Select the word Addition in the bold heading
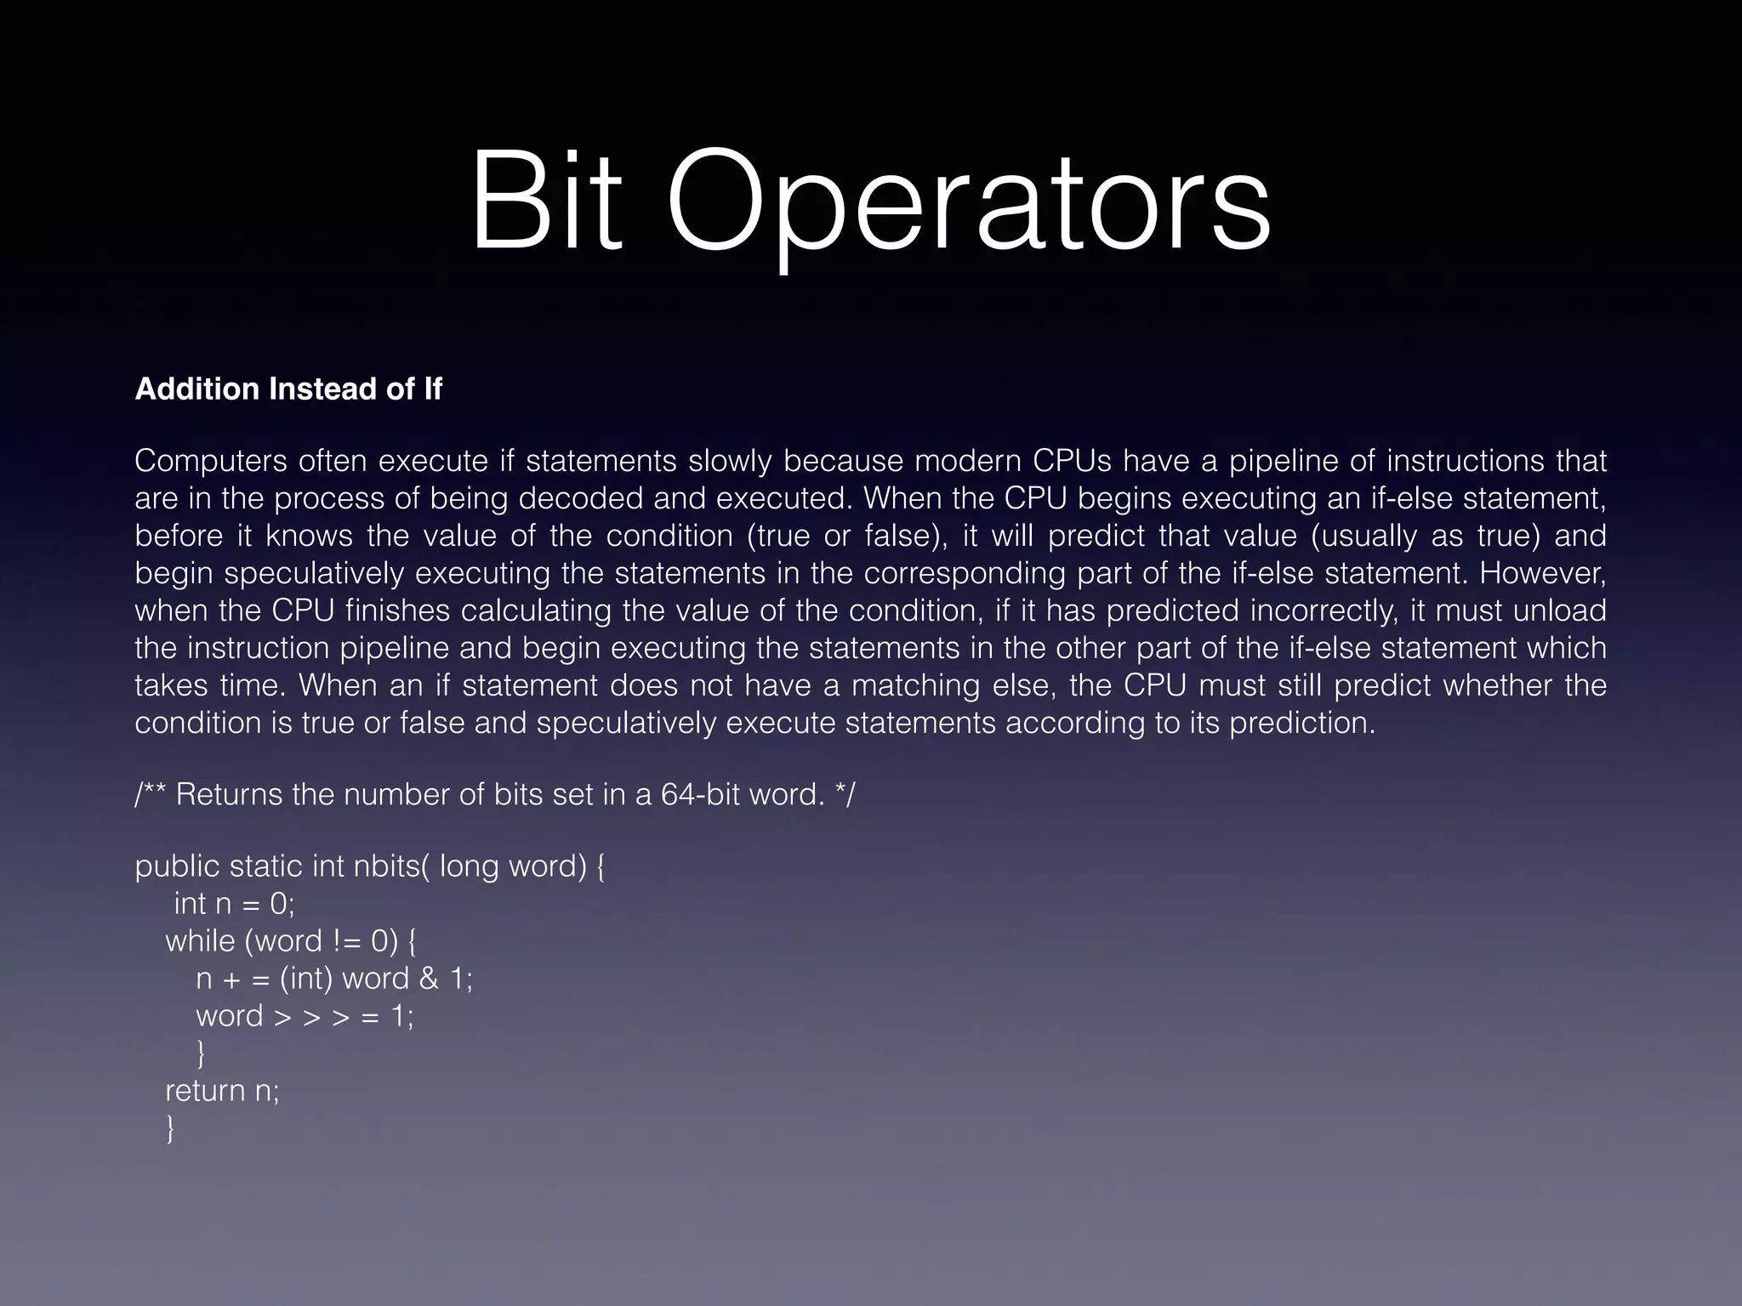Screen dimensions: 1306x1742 coord(196,389)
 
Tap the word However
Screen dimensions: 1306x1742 coord(1542,573)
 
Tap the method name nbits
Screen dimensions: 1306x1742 coord(391,866)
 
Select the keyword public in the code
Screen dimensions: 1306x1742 coord(177,866)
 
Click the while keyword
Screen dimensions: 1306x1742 coord(201,941)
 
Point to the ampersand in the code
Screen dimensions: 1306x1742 coord(429,979)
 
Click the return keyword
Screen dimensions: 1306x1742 coord(205,1091)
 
